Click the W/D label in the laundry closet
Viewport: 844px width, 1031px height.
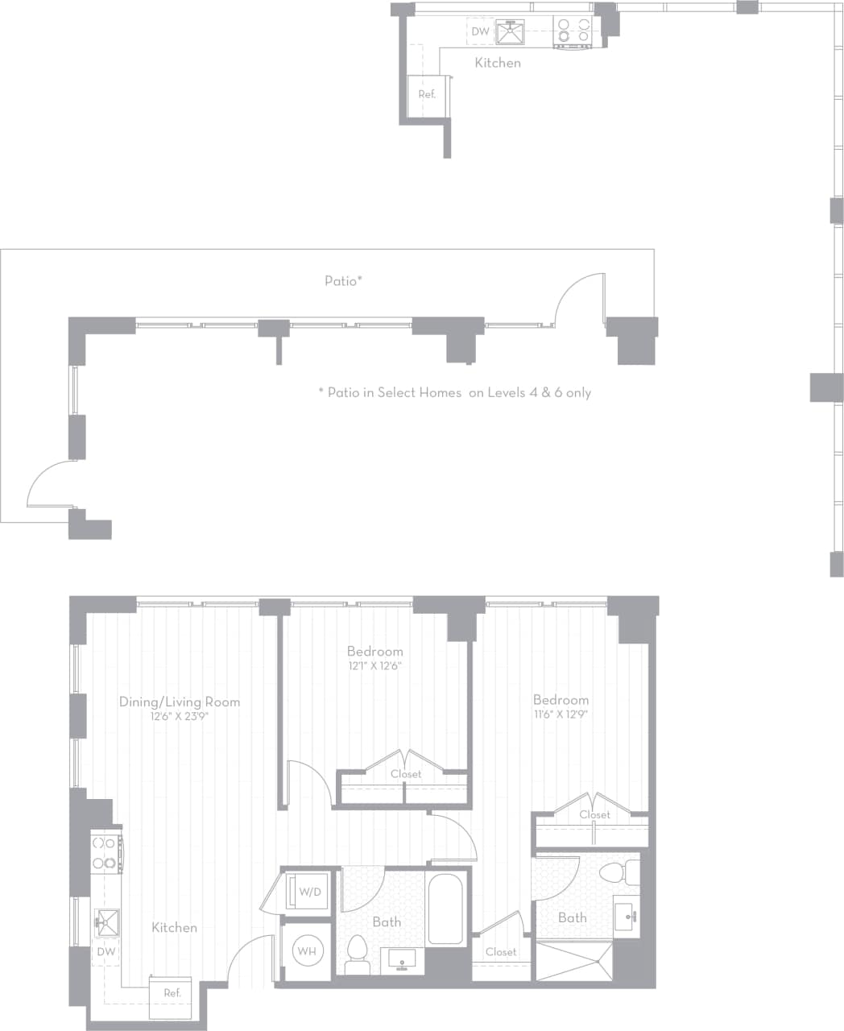(x=309, y=892)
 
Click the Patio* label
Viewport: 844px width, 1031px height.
(x=344, y=281)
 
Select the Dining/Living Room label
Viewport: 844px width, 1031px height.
(x=180, y=702)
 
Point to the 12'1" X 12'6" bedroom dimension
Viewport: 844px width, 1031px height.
(x=374, y=666)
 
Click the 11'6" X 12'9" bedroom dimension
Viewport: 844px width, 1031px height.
(x=561, y=714)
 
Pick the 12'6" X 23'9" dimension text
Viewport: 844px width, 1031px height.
(x=180, y=716)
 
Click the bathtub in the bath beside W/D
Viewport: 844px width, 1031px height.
(x=445, y=909)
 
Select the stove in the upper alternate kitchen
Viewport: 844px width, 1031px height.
(x=573, y=32)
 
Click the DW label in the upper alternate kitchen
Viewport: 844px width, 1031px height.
(x=480, y=32)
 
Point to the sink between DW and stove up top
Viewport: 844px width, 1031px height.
(x=510, y=32)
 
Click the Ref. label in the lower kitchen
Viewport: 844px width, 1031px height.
(x=172, y=993)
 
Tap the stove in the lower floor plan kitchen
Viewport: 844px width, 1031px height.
(x=105, y=853)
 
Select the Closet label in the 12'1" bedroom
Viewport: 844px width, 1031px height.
(x=406, y=774)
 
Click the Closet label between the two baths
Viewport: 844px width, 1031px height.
(x=501, y=952)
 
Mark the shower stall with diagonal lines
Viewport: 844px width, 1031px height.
(x=574, y=960)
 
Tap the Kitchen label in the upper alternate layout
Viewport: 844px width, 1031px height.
(x=498, y=63)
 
